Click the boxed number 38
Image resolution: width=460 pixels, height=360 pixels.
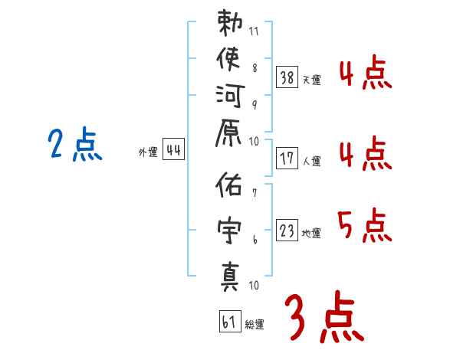coord(287,77)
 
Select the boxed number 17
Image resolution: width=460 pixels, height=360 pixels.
coord(287,159)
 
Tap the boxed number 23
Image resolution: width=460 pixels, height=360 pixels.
coord(287,231)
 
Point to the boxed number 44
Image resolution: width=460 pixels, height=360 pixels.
coord(173,150)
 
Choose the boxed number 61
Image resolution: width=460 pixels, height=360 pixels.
coord(228,322)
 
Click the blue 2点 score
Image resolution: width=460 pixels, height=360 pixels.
coord(74,144)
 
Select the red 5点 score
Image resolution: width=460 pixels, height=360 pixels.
coord(365,224)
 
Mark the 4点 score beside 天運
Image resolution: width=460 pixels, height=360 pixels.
coord(365,74)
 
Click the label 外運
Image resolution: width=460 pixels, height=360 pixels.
coord(147,152)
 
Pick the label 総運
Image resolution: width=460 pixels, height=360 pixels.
coord(254,325)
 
